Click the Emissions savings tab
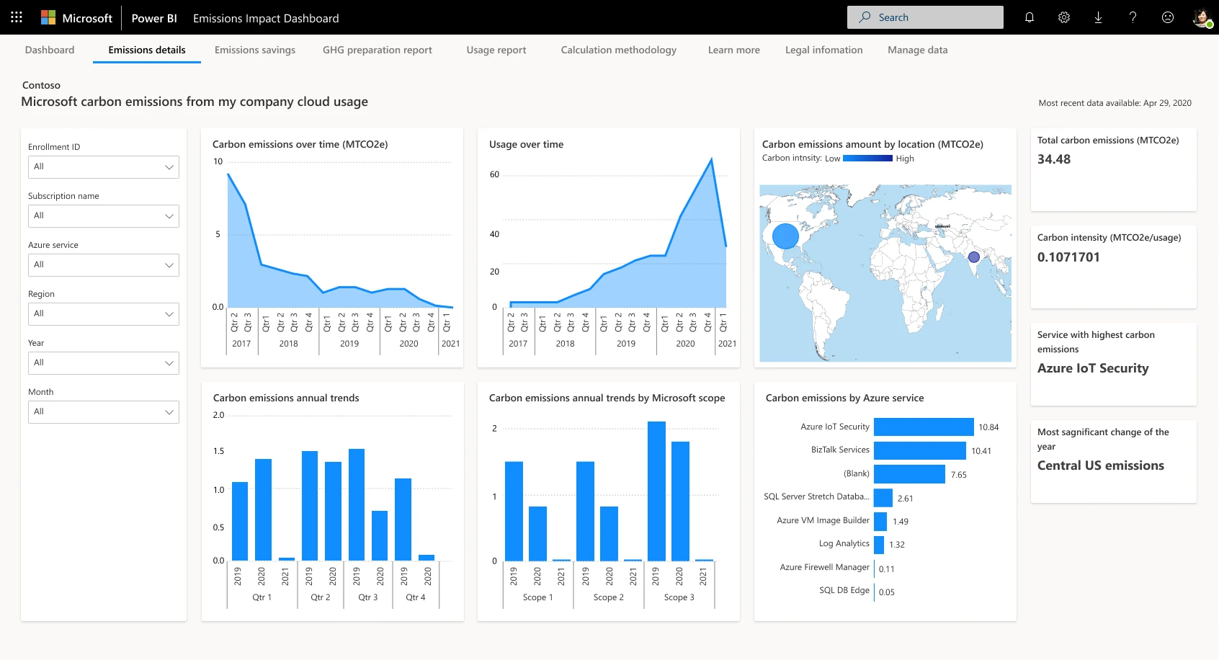tap(254, 50)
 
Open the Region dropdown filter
tap(103, 313)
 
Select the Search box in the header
tap(925, 17)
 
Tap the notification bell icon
tap(1029, 17)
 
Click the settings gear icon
tap(1063, 17)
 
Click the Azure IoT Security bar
tap(923, 427)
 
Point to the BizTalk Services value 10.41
tap(981, 451)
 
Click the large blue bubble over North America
tap(785, 236)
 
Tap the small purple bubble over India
tap(973, 257)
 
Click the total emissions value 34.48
tap(1053, 159)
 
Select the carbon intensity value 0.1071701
tap(1068, 257)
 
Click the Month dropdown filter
tap(103, 411)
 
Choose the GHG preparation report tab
tap(377, 50)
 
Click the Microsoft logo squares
tap(48, 17)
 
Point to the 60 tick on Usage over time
tap(494, 174)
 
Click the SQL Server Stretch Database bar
tap(883, 498)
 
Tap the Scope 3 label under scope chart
tap(679, 597)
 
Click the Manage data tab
tap(917, 50)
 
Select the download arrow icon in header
tap(1098, 17)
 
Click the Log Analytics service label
tap(844, 543)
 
